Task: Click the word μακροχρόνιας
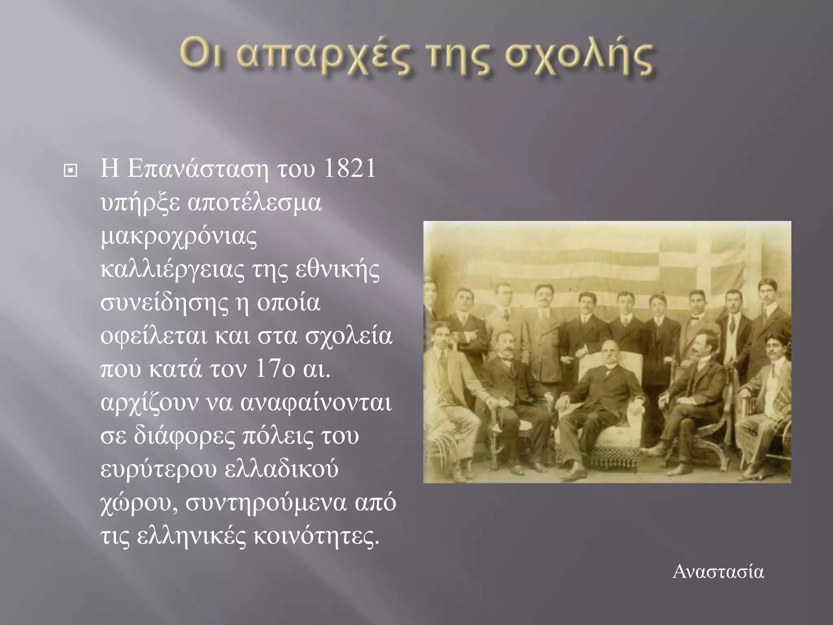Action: point(179,238)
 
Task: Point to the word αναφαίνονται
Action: point(316,403)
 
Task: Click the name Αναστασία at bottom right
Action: point(718,572)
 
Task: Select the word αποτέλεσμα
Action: point(255,203)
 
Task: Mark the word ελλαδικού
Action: point(281,470)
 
